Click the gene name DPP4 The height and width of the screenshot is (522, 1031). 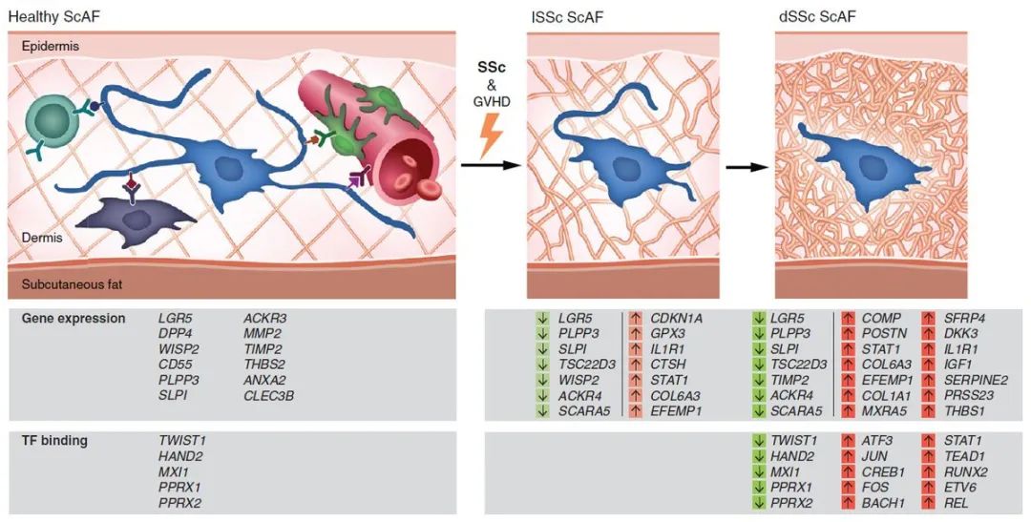pos(177,333)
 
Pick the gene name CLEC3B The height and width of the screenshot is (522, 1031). pos(268,395)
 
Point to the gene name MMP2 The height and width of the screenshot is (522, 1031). pos(262,333)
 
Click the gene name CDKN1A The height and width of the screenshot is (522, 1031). pos(679,318)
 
